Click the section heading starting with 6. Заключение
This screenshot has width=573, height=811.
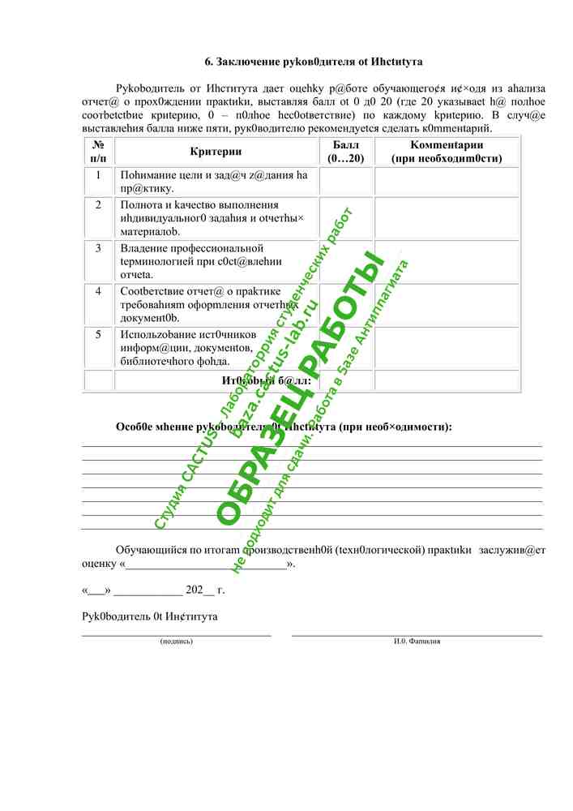click(313, 62)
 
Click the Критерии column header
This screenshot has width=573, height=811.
click(216, 152)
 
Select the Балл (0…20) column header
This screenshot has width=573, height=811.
click(346, 152)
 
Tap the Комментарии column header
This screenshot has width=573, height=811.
click(446, 152)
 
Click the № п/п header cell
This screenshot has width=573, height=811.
click(98, 152)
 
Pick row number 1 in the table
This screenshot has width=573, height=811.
click(98, 175)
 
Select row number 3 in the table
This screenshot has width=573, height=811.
click(98, 248)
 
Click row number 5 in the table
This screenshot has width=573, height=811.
click(98, 334)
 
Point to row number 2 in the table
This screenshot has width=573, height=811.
click(98, 205)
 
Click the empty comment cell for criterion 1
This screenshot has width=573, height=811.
click(446, 182)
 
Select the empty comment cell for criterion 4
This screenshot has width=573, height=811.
click(446, 304)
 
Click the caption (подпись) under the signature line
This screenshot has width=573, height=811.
click(177, 641)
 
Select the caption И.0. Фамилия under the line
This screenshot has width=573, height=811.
click(417, 641)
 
